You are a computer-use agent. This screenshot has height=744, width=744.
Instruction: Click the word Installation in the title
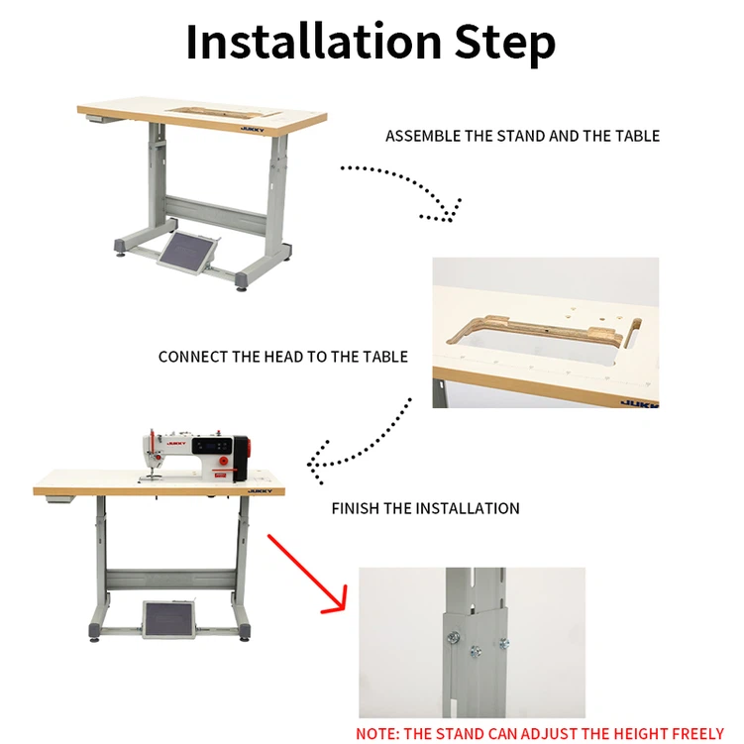click(x=314, y=42)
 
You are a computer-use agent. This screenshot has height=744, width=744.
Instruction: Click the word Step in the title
click(x=505, y=44)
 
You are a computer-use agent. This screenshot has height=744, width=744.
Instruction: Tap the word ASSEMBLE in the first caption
click(x=423, y=136)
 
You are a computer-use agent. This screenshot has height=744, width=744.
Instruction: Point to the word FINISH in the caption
click(x=356, y=508)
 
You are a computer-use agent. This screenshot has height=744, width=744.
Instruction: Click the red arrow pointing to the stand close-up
click(x=307, y=574)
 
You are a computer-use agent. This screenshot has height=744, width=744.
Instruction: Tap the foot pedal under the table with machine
click(x=169, y=619)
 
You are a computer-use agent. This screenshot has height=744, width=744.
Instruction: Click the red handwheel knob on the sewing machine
click(x=224, y=462)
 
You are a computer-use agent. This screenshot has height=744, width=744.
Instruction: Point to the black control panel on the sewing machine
click(x=212, y=446)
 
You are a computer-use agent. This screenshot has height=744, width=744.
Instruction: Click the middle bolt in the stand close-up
click(x=476, y=652)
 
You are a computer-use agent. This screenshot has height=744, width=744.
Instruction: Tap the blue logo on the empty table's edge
click(x=253, y=129)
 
